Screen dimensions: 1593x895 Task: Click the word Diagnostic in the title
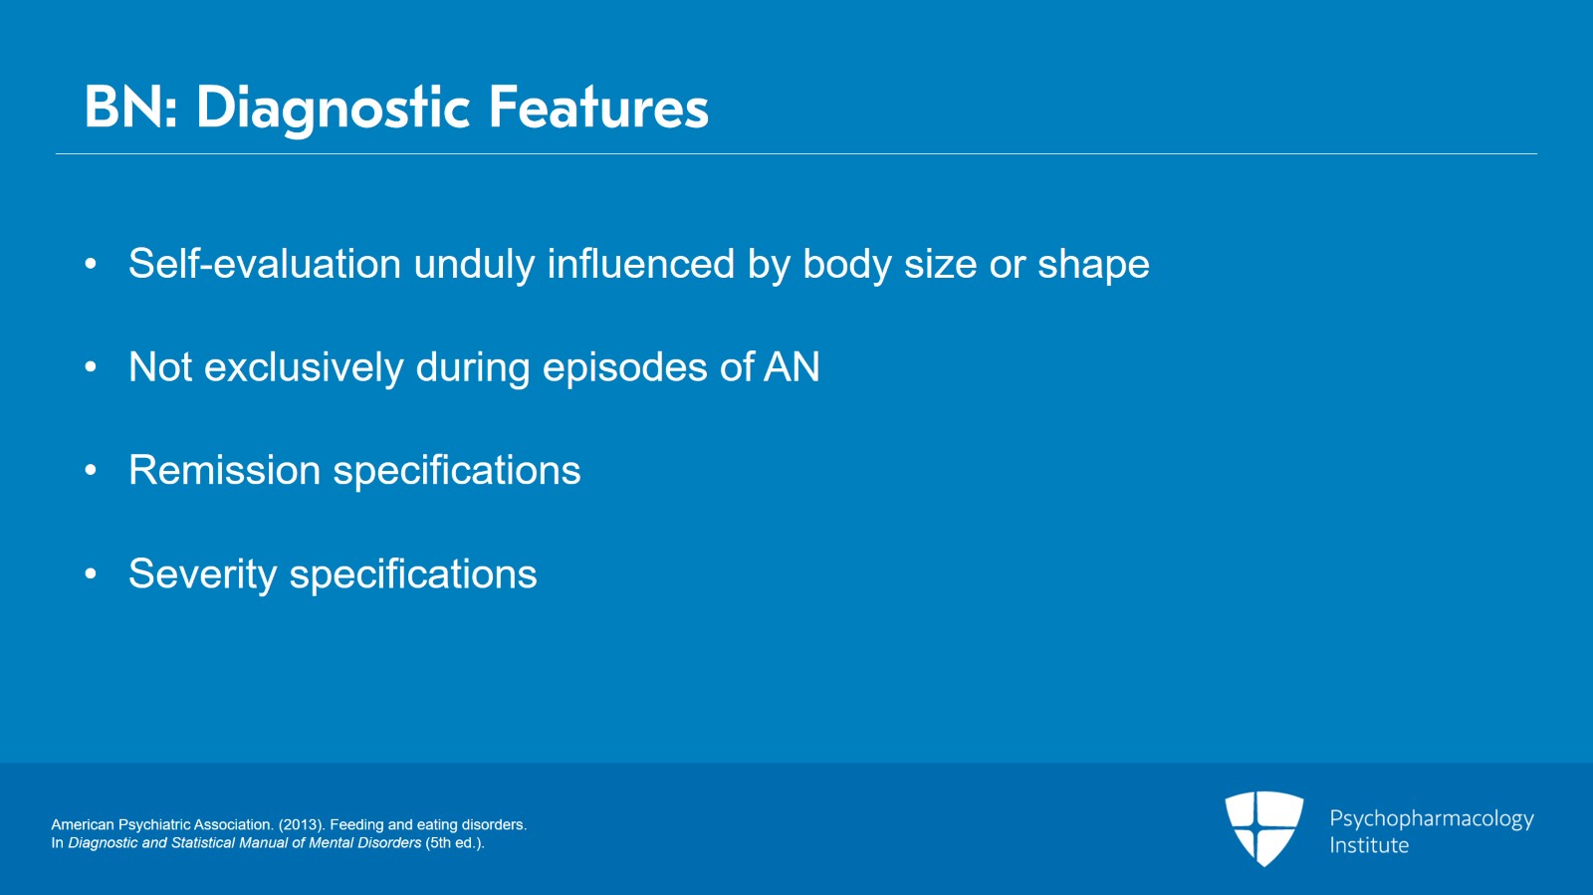pos(333,109)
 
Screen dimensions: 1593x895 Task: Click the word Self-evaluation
pos(265,263)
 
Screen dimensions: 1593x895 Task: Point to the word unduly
pos(474,265)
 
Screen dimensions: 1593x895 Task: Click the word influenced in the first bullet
pos(640,264)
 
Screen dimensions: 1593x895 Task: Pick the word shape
pos(1093,265)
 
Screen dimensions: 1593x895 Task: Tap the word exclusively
pos(304,367)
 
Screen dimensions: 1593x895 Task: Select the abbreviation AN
pos(792,366)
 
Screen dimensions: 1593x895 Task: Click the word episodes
pos(624,368)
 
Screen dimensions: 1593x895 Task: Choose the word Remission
pos(224,470)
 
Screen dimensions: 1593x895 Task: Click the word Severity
pos(202,574)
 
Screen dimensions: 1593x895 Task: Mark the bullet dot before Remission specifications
pos(91,470)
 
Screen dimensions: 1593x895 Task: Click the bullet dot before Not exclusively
pos(91,366)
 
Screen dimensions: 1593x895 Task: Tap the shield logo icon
pos(1264,828)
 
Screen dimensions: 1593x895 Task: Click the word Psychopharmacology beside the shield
pos(1432,819)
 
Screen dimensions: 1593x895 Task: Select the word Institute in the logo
pos(1369,845)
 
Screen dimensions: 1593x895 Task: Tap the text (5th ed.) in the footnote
pos(454,843)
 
